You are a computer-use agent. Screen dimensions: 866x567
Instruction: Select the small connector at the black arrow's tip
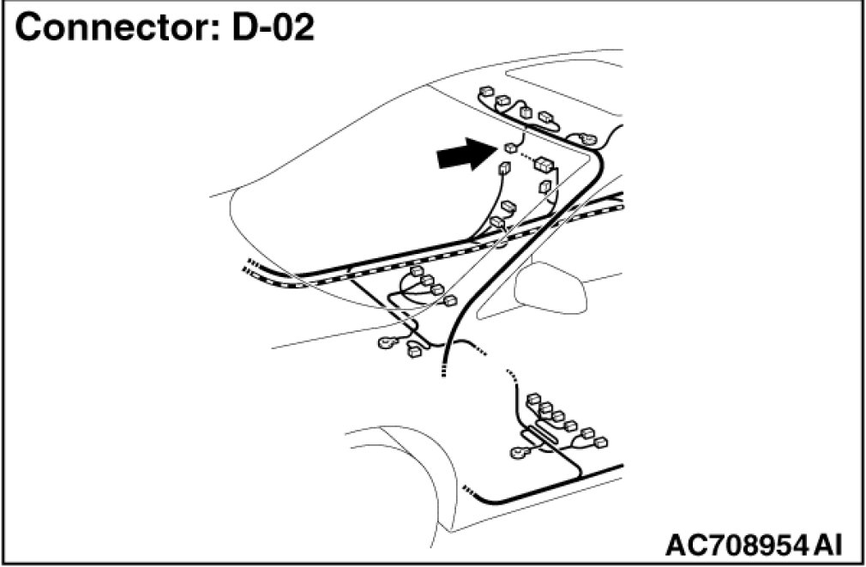tap(509, 148)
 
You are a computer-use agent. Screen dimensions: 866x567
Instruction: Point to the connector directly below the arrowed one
tap(503, 170)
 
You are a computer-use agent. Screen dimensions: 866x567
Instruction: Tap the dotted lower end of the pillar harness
tap(443, 371)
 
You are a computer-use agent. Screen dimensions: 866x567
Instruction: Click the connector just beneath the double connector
tap(544, 186)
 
